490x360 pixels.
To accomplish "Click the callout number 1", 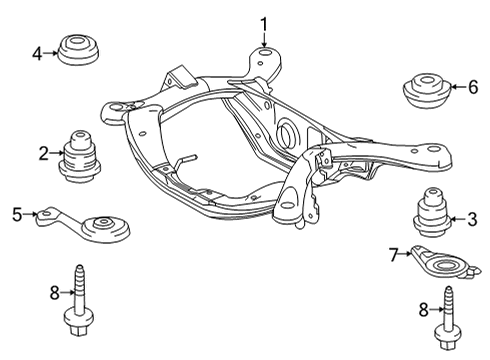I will (265, 23).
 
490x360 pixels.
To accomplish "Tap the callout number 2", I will (44, 153).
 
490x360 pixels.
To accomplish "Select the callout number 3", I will (474, 219).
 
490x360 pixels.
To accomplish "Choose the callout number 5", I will (17, 212).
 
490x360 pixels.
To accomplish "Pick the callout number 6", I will (473, 87).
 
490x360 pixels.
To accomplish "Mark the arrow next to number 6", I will (459, 87).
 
